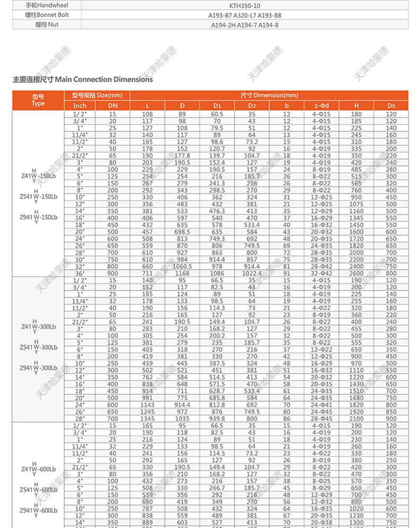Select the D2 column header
tap(252, 105)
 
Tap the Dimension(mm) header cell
tap(269, 95)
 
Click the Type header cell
tap(38, 100)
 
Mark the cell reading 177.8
tap(182, 156)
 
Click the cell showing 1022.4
tap(252, 273)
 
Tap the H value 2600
tap(356, 273)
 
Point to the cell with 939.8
tap(217, 418)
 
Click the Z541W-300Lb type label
tap(38, 347)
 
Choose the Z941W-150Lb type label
tap(38, 217)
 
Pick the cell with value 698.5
tap(182, 232)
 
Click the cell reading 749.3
tap(217, 239)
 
